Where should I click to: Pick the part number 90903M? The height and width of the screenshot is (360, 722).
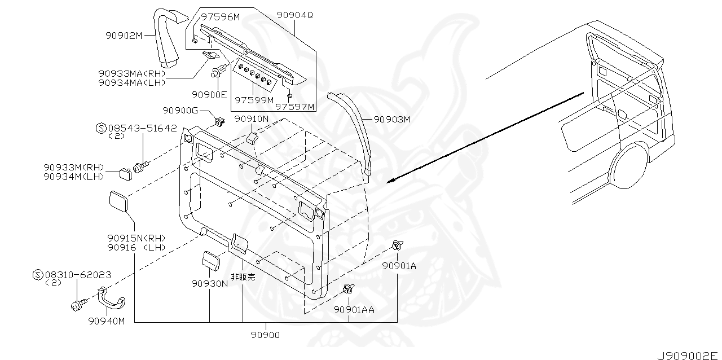click(391, 120)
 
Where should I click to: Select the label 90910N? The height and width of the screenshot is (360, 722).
click(251, 119)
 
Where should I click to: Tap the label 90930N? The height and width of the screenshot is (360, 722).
click(209, 283)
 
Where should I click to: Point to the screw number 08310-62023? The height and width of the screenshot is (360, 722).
click(77, 275)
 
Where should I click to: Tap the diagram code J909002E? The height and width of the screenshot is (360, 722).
click(688, 355)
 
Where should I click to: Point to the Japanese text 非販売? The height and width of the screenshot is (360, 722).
click(243, 277)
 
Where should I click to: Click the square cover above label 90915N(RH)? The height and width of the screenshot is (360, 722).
click(118, 201)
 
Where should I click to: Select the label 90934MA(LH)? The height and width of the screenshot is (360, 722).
click(131, 82)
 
